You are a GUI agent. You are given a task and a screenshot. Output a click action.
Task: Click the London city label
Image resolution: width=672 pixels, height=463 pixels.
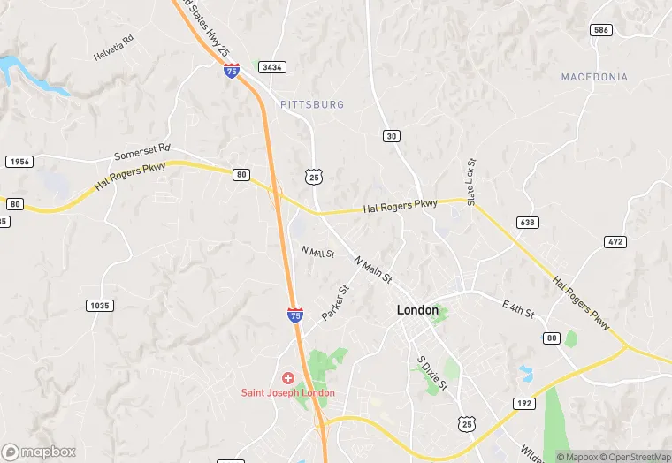tap(417, 310)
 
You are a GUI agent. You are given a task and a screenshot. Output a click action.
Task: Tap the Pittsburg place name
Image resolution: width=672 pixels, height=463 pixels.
tap(312, 104)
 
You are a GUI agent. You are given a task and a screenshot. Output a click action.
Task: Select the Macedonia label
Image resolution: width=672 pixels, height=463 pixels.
tap(594, 77)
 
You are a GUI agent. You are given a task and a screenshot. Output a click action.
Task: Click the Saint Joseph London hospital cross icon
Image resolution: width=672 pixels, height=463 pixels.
tap(287, 378)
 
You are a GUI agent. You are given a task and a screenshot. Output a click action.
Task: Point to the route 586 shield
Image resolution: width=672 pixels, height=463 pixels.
tap(601, 30)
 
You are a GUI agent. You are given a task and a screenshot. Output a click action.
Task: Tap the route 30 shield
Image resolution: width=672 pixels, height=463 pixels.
tap(391, 135)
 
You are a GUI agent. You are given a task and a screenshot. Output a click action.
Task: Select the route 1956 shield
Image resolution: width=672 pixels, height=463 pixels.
tap(19, 162)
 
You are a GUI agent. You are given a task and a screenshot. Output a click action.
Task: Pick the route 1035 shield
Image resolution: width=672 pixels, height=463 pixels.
tap(100, 306)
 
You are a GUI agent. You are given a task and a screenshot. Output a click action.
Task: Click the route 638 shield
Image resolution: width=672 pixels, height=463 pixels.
tap(528, 223)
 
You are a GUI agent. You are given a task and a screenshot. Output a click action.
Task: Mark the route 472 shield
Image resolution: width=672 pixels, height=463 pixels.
tap(616, 241)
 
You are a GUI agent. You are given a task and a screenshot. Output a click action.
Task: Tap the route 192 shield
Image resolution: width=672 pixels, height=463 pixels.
tap(524, 403)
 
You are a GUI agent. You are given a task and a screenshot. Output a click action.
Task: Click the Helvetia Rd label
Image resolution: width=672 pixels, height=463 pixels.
tap(113, 48)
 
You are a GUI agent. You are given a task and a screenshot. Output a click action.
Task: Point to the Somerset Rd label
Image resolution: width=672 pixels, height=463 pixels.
tap(141, 153)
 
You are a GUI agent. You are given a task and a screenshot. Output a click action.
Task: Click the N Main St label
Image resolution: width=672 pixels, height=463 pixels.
tap(372, 269)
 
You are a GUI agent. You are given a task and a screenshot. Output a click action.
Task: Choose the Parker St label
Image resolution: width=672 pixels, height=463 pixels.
tap(336, 302)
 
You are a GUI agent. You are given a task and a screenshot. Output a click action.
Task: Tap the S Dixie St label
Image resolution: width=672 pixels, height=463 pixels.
tap(433, 374)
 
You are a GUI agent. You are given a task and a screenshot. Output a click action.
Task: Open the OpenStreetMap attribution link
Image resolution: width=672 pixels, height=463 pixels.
tap(635, 457)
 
